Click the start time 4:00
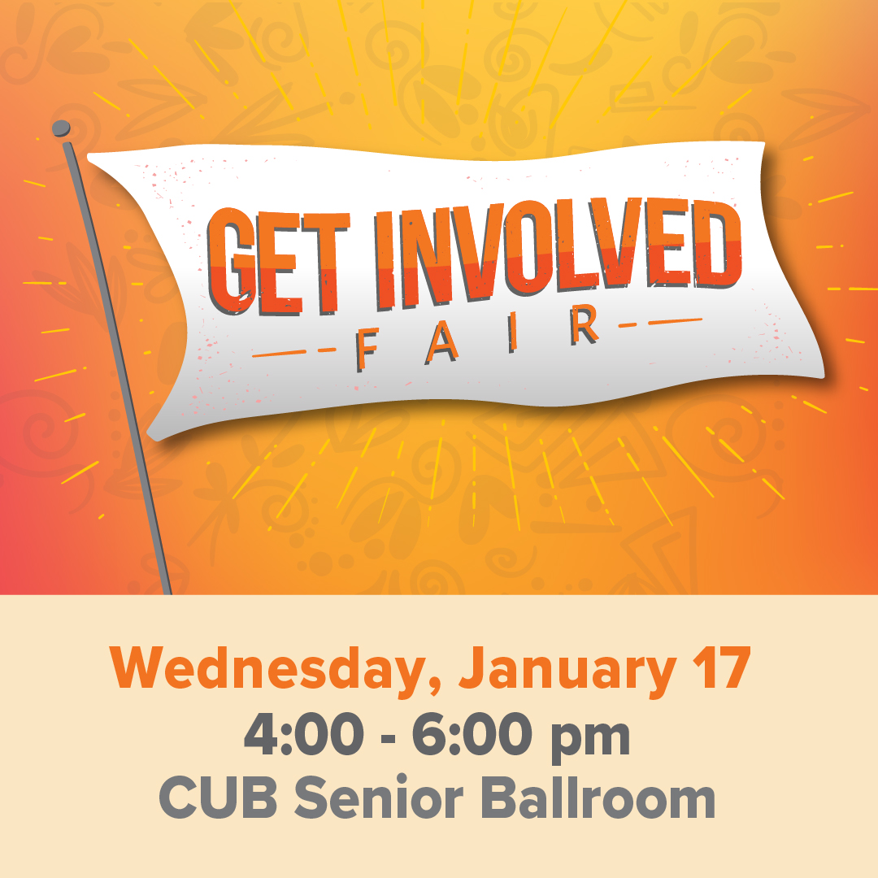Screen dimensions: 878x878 (x=302, y=737)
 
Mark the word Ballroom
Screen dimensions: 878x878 (x=602, y=799)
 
